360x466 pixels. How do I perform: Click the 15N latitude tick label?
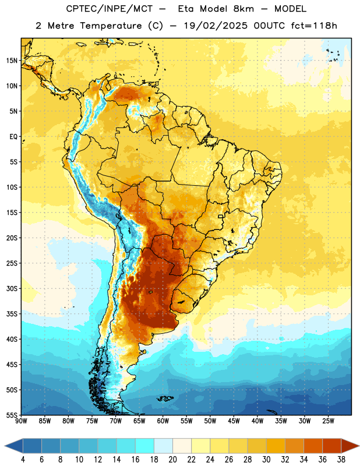click(12, 61)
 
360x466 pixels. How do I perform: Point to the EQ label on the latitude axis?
click(13, 137)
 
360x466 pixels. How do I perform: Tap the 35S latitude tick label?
click(12, 314)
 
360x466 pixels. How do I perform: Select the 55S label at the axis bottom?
click(12, 415)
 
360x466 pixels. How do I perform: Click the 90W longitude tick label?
click(22, 421)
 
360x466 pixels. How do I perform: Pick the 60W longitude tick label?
click(163, 421)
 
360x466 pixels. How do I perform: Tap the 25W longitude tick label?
click(328, 421)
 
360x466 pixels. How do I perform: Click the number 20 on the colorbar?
click(172, 460)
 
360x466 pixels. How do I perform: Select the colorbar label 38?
click(341, 460)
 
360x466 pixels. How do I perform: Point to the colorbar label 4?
click(23, 460)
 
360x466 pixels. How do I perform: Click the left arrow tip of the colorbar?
click(5, 446)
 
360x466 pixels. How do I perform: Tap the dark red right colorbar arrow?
click(350, 446)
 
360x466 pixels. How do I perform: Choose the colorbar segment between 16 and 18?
click(145, 446)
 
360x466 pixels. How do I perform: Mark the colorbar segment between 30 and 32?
click(276, 446)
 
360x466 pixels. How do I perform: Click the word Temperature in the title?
click(111, 26)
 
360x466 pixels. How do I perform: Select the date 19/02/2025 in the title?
click(215, 26)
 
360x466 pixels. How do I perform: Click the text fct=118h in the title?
click(314, 26)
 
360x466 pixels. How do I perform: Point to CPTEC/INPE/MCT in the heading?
click(109, 9)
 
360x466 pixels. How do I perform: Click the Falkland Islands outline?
click(165, 398)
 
